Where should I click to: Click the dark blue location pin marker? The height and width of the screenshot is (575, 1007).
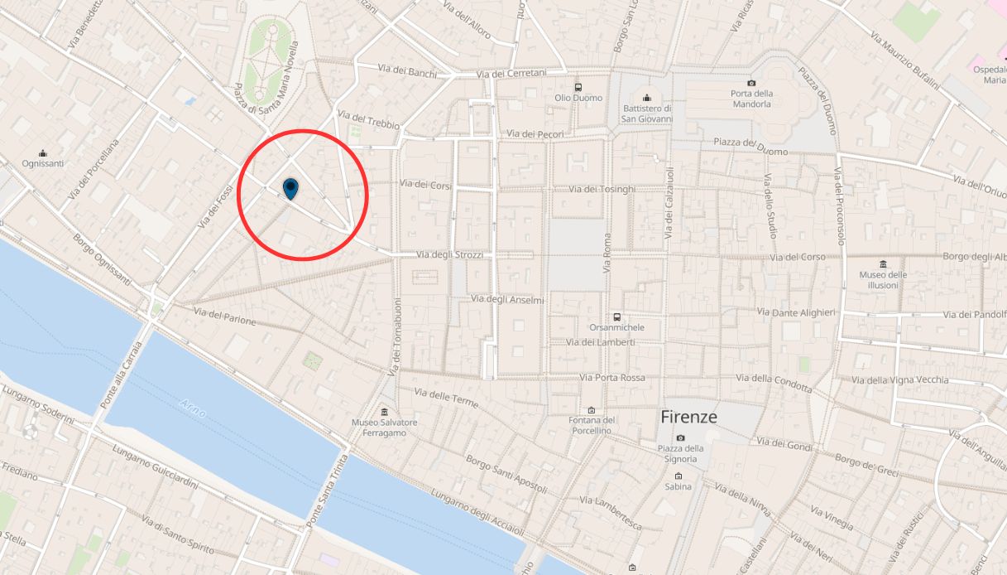click(x=290, y=188)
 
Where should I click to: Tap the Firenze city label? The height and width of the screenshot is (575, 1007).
click(x=688, y=417)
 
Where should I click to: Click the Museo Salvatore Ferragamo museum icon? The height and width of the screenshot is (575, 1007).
click(x=384, y=412)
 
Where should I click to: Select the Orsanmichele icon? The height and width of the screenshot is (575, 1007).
click(x=616, y=316)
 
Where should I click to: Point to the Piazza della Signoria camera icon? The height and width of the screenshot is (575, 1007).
click(x=680, y=437)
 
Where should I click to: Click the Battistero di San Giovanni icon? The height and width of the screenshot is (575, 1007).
click(x=647, y=98)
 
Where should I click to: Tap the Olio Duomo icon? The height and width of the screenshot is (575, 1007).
click(x=578, y=87)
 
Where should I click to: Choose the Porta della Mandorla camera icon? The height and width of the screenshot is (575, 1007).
click(x=751, y=83)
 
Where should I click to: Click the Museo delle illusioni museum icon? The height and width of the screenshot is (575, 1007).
click(x=883, y=264)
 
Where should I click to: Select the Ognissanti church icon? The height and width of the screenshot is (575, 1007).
click(x=43, y=153)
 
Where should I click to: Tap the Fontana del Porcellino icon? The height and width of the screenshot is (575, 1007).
click(x=591, y=410)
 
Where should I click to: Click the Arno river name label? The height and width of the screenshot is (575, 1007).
click(x=192, y=406)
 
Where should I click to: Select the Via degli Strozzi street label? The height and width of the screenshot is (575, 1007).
click(x=450, y=255)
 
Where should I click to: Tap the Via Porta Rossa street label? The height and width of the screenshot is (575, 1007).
click(x=611, y=378)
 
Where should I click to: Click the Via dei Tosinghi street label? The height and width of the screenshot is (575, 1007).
click(x=602, y=190)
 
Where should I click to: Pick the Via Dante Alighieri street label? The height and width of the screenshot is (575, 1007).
click(x=796, y=312)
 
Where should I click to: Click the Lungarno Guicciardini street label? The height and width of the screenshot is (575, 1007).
click(x=151, y=467)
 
